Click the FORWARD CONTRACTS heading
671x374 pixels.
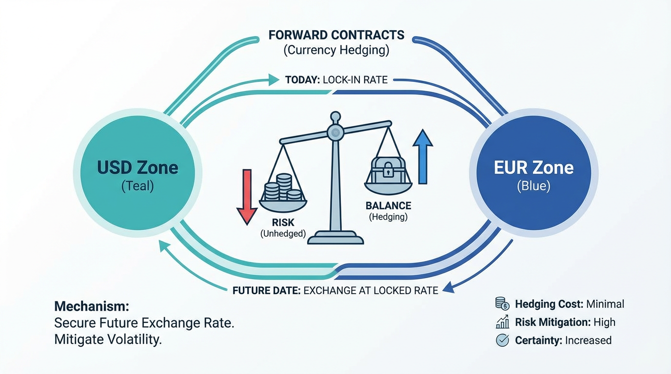336,35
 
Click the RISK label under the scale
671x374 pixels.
283,223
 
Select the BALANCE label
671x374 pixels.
388,206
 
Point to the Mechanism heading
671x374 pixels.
92,306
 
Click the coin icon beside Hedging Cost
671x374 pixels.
502,304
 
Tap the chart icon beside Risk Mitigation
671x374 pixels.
502,322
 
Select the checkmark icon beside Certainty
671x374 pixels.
502,340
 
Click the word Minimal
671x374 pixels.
606,304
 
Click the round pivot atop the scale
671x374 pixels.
335,131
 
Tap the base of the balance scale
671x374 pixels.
335,239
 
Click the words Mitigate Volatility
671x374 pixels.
108,339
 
